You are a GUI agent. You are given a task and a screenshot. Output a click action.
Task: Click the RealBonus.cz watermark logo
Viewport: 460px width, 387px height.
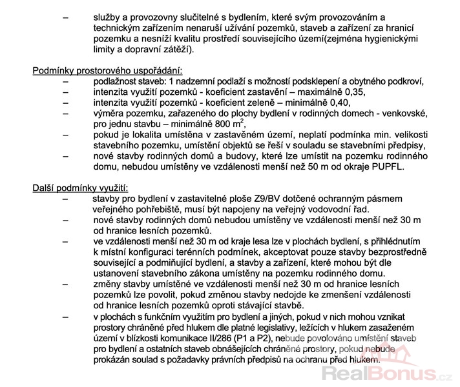pyautogui.click(x=388, y=372)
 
